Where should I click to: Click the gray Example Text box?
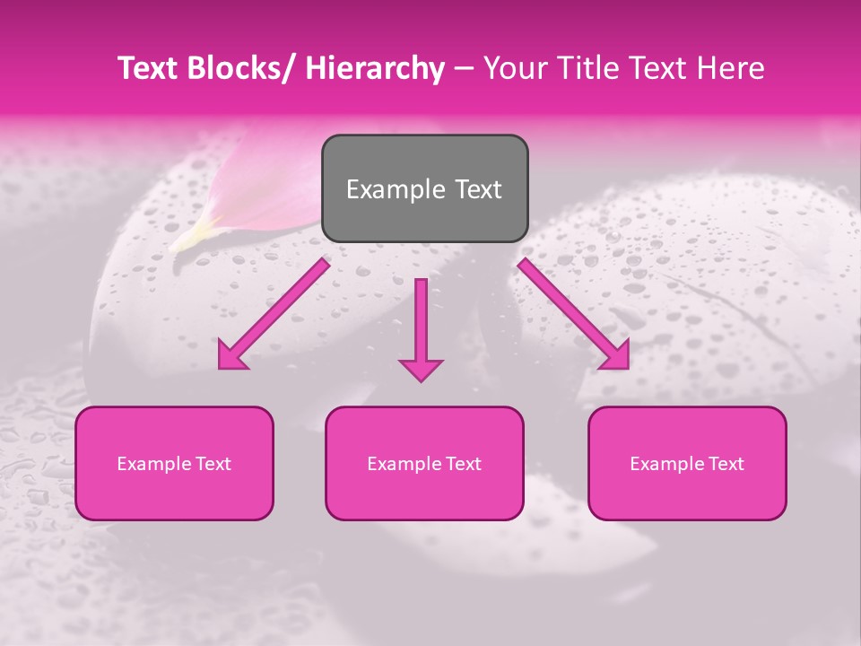424,188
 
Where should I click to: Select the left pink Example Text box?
174,463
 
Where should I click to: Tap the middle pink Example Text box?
424,463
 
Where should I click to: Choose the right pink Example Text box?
687,463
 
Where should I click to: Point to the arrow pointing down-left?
273,315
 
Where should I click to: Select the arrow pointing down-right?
574,314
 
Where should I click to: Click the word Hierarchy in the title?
375,68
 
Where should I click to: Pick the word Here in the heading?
732,68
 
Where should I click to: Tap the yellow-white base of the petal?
193,233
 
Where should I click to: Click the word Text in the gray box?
477,189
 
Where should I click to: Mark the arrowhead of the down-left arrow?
231,355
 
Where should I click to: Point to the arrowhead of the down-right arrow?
615,355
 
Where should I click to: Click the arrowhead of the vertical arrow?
421,369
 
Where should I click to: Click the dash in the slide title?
464,69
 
